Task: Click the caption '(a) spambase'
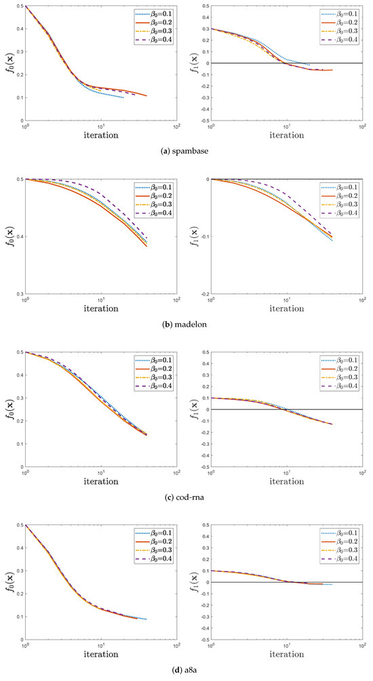pyautogui.click(x=186, y=150)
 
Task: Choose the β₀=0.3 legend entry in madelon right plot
pyautogui.click(x=343, y=204)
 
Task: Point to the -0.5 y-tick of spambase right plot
pyautogui.click(x=201, y=121)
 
